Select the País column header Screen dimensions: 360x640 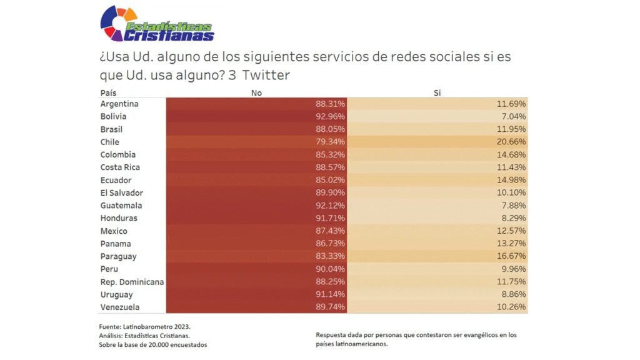pos(108,92)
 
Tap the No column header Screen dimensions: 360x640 pos(256,92)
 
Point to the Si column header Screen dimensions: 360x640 pos(437,92)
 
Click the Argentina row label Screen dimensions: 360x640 pos(119,104)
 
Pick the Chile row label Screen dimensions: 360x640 pos(109,142)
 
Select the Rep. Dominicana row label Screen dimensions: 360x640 pos(132,282)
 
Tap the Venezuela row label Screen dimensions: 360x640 pos(120,307)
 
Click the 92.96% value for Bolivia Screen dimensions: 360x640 pos(330,116)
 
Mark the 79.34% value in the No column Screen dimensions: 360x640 pos(330,142)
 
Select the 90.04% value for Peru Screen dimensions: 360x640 pos(330,269)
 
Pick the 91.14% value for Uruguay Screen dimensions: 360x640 pos(330,294)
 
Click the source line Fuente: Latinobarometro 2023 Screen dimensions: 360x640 pos(144,327)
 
